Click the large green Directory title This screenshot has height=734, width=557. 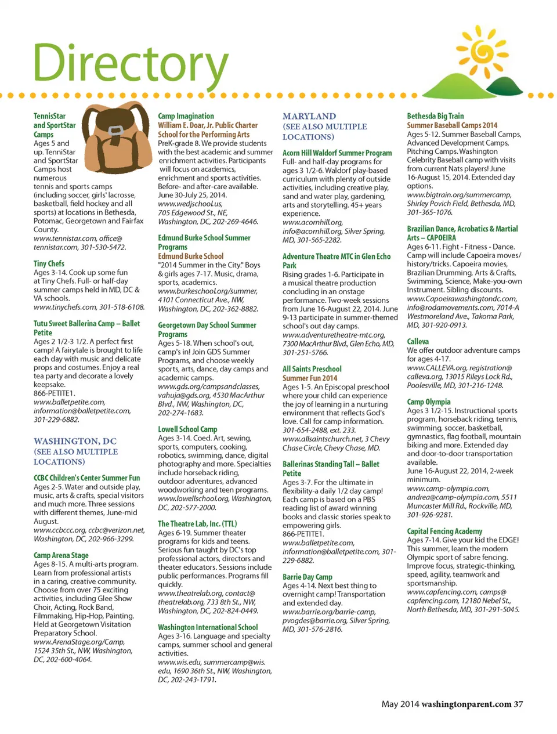pyautogui.click(x=131, y=64)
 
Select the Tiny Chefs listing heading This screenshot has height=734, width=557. pyautogui.click(x=49, y=263)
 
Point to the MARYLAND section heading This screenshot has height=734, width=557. pyautogui.click(x=309, y=117)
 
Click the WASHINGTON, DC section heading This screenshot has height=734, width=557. pyautogui.click(x=75, y=441)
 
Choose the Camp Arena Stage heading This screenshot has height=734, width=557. pyautogui.click(x=61, y=555)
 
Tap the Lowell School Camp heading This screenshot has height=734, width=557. pyautogui.click(x=187, y=429)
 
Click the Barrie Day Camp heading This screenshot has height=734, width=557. pyautogui.click(x=307, y=577)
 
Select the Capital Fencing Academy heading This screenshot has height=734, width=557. pyautogui.click(x=444, y=531)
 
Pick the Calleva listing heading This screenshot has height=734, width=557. pyautogui.click(x=418, y=341)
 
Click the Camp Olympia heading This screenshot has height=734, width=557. pyautogui.click(x=428, y=402)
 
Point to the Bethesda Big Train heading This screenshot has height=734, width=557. pyautogui.click(x=435, y=116)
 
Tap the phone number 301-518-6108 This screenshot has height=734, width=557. pyautogui.click(x=122, y=307)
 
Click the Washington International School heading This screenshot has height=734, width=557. pyautogui.click(x=208, y=627)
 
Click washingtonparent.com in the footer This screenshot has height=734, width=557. pyautogui.click(x=466, y=704)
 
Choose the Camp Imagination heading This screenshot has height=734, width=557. pyautogui.click(x=186, y=116)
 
